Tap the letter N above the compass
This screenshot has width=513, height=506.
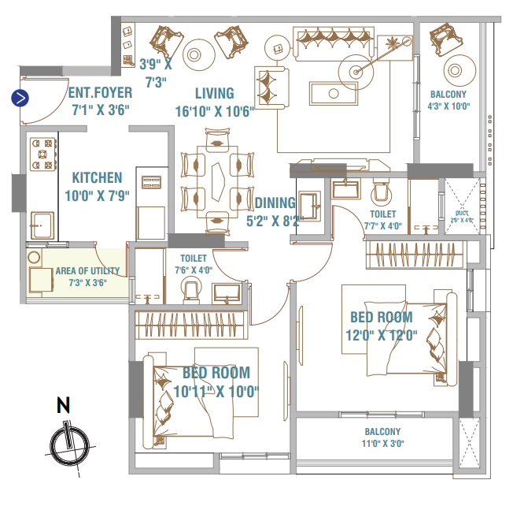point(64,407)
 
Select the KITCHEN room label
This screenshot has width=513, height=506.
point(97,177)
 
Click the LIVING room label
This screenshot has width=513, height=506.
point(215,93)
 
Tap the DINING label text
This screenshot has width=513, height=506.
point(275,203)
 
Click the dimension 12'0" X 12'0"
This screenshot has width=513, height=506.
point(381,334)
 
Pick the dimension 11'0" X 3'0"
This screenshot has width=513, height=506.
point(382,444)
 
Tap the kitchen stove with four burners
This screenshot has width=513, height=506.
point(44,155)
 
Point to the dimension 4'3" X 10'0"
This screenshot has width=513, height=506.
point(448,106)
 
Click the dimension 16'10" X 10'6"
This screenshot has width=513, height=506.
point(215,111)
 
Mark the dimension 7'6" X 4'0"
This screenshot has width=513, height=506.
point(194,270)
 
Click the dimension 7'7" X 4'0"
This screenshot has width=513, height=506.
point(383,226)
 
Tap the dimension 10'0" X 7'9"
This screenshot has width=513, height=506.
point(97,195)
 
